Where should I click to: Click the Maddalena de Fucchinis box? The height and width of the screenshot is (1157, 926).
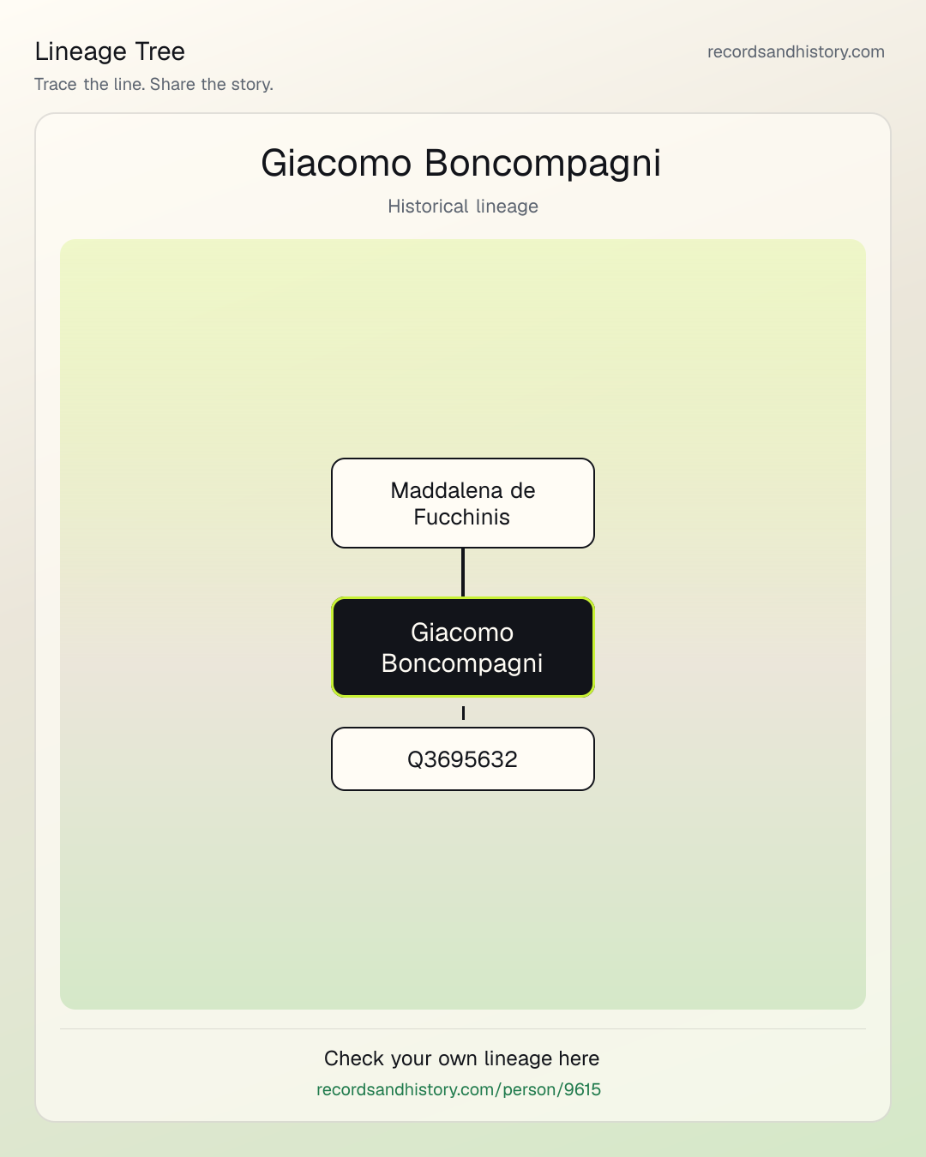click(463, 503)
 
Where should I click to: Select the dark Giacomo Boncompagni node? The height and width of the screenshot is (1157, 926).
click(463, 647)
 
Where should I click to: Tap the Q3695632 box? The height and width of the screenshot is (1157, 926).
click(463, 758)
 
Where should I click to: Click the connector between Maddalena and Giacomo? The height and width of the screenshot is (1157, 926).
click(463, 573)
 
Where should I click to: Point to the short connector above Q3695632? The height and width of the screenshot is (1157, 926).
click(463, 713)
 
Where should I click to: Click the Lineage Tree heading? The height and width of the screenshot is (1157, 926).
click(110, 51)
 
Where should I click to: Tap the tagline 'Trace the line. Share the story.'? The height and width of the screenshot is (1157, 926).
click(153, 84)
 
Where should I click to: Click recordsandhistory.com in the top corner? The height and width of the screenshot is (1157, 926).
click(796, 51)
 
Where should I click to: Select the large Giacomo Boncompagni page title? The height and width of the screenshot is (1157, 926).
click(461, 162)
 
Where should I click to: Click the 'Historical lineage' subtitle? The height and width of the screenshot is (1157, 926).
click(463, 207)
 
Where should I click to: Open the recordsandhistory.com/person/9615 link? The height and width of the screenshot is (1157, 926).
click(459, 1089)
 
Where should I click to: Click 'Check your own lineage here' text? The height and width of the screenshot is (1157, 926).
click(461, 1058)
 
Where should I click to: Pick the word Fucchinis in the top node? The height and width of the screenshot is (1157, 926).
click(461, 517)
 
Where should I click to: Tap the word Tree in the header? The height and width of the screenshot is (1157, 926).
click(159, 51)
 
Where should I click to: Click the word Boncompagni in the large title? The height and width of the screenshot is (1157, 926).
click(543, 162)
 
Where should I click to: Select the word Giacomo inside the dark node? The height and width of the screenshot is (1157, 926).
click(462, 632)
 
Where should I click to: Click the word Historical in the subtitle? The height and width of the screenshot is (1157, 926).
click(429, 207)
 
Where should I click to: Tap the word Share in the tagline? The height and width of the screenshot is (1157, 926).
click(172, 84)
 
